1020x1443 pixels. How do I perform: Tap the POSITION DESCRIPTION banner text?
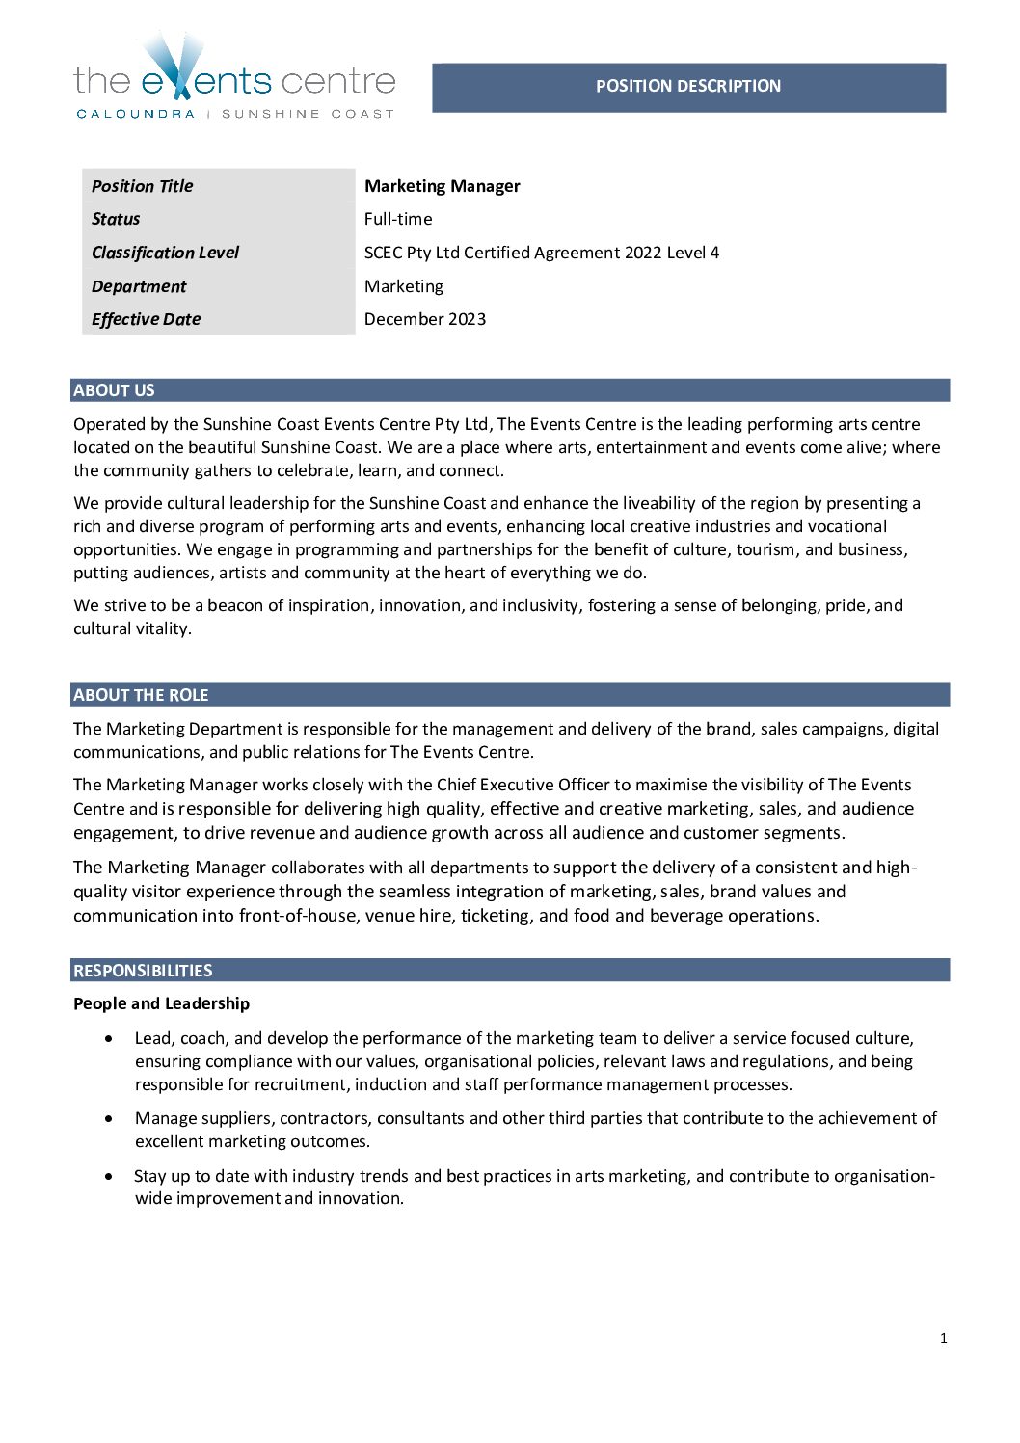pos(687,86)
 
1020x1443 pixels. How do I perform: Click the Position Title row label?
pos(142,186)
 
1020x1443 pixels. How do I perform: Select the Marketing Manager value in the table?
pos(442,186)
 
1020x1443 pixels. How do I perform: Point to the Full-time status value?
pos(398,219)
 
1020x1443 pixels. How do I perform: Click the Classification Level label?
pos(165,253)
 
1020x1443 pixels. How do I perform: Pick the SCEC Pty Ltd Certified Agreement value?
pos(541,253)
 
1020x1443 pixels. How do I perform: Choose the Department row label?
pos(139,286)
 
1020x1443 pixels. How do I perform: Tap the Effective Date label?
pos(146,319)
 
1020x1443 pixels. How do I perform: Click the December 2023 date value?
pos(424,319)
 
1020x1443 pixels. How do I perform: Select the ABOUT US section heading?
pos(114,390)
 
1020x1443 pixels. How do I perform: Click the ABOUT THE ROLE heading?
pos(141,695)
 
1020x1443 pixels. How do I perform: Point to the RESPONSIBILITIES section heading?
pos(143,971)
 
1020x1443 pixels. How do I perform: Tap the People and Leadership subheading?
pos(161,1003)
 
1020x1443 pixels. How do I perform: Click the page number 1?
pos(943,1338)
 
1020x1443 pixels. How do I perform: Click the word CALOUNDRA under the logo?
pos(135,114)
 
